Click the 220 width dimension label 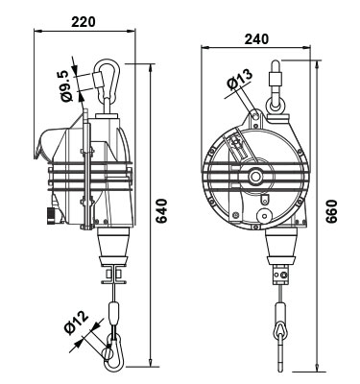[x=84, y=22]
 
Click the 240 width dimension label [x=256, y=39]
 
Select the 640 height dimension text [x=162, y=211]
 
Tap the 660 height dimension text [x=332, y=211]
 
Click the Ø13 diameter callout [x=240, y=79]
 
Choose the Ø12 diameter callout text [x=76, y=324]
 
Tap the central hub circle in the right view [x=255, y=176]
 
